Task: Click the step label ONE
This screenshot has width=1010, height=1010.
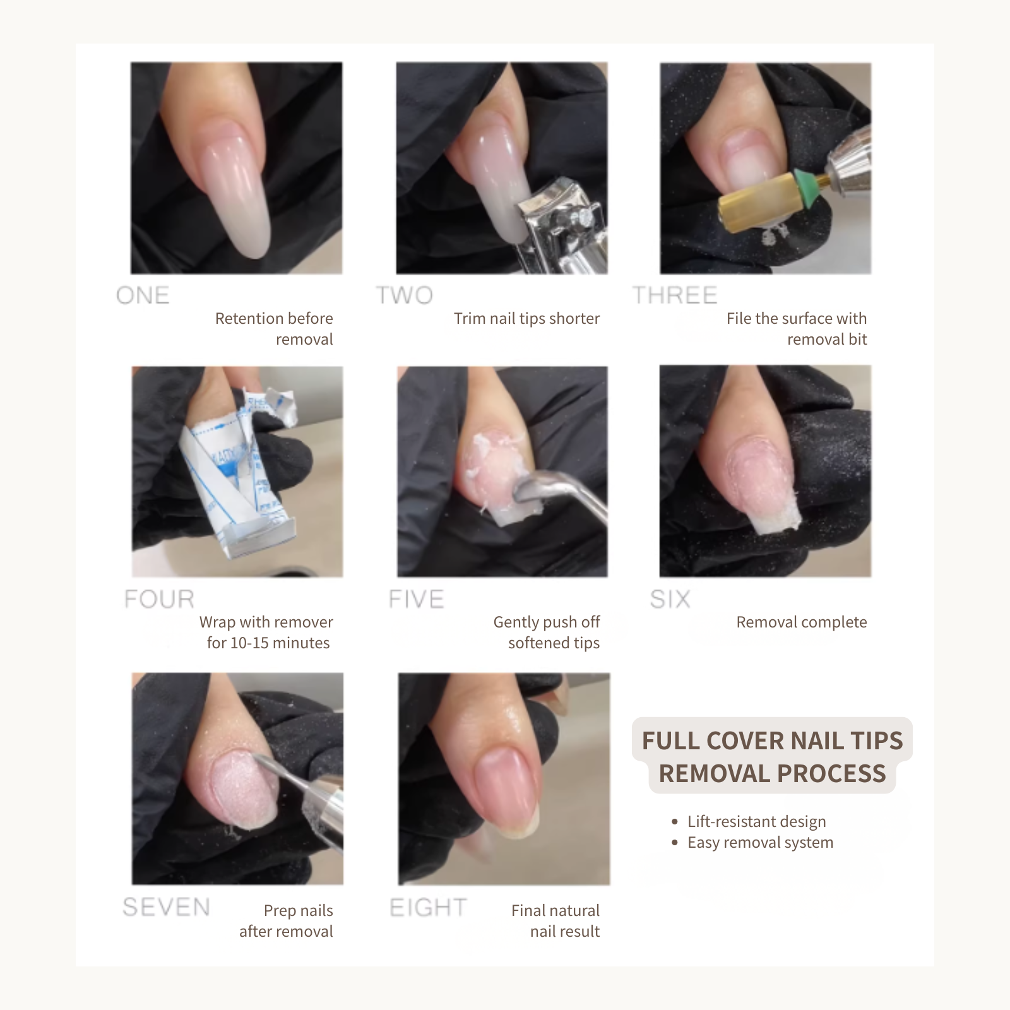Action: click(143, 295)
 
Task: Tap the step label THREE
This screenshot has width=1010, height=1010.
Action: click(675, 295)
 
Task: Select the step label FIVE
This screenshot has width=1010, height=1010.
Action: click(417, 599)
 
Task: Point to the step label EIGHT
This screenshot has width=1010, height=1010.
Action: click(428, 908)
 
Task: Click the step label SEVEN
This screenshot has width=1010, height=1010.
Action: click(166, 907)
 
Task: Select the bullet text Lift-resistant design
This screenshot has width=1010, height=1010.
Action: click(756, 821)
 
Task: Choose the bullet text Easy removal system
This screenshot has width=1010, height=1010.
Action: click(760, 842)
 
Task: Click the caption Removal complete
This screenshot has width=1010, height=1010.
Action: click(801, 622)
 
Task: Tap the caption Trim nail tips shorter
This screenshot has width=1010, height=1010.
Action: click(526, 318)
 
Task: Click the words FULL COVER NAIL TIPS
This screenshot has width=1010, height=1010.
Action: click(772, 740)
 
